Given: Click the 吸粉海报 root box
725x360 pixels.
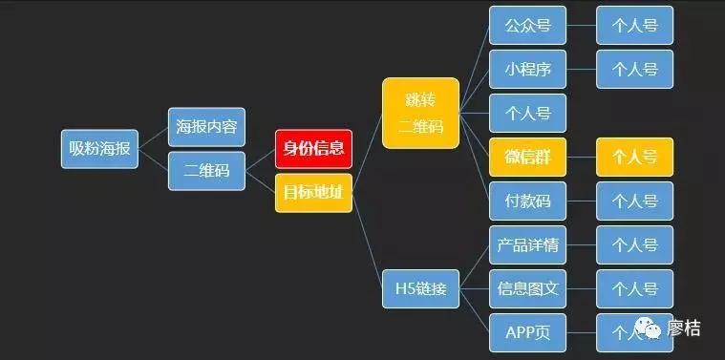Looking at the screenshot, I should click(x=99, y=148).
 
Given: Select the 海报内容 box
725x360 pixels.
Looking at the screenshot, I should click(x=206, y=126).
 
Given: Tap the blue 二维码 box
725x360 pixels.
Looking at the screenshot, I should click(x=206, y=171).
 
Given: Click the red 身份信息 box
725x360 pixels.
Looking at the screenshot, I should click(x=313, y=149).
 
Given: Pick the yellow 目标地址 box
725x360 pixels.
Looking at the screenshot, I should click(x=313, y=193).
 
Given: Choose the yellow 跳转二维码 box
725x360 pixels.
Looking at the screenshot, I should click(x=420, y=113).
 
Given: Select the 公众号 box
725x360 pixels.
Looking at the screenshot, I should click(x=527, y=26).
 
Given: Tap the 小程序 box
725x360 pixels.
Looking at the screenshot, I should click(x=527, y=69).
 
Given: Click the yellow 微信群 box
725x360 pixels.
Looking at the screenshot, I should click(x=527, y=157).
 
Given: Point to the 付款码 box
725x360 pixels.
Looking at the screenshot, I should click(x=527, y=201).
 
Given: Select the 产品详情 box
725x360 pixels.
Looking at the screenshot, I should click(x=527, y=244).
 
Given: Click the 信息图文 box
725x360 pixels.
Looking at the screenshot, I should click(x=527, y=288).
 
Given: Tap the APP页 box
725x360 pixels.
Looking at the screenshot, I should click(x=527, y=332).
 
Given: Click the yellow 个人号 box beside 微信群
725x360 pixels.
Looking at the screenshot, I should click(x=634, y=157).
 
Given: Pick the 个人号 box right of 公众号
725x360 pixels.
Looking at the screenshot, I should click(x=634, y=26).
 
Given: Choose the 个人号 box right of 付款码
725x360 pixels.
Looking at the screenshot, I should click(x=634, y=201).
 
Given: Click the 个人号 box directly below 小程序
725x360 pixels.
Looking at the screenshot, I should click(x=527, y=113).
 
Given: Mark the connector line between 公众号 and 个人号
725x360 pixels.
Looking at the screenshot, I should click(x=581, y=26).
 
